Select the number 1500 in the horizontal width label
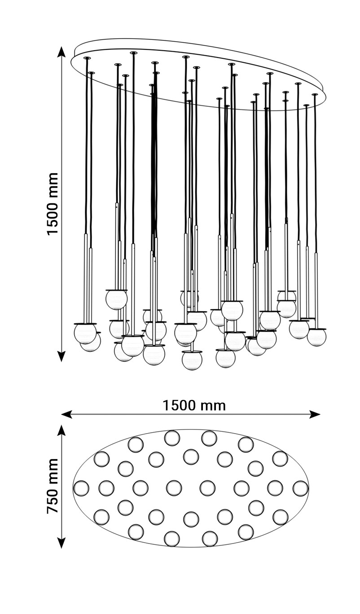coord(179,405)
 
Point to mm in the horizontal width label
coord(212,405)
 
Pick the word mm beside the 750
coord(53,469)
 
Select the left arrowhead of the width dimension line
coord(66,414)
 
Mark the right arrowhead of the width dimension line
coord(316,414)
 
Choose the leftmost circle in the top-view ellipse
coord(81,488)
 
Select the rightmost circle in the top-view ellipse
coord(301,488)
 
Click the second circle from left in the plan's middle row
coord(106,488)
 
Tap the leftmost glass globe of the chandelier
coord(84,333)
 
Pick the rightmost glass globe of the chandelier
coord(317,337)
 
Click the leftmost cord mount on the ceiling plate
coord(87,58)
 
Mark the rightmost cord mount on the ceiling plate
coord(315,95)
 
